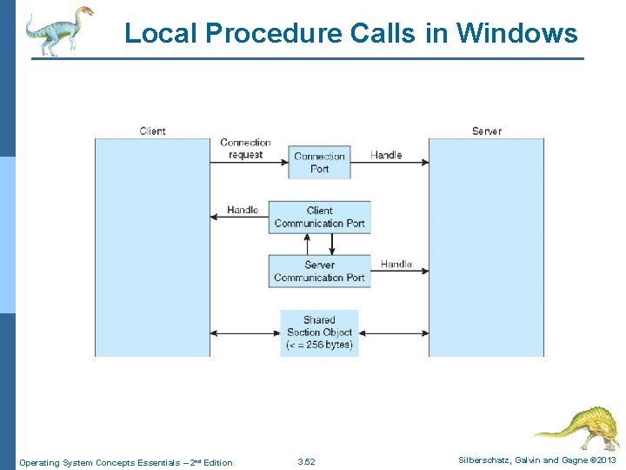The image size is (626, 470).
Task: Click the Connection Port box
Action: pyautogui.click(x=319, y=162)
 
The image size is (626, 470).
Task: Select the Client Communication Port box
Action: pyautogui.click(x=319, y=217)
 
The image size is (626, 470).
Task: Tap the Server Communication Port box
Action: pyautogui.click(x=319, y=271)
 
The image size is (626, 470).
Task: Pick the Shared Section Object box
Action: pyautogui.click(x=319, y=332)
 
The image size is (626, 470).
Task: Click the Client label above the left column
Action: pyautogui.click(x=152, y=131)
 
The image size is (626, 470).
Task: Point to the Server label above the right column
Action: pyautogui.click(x=486, y=131)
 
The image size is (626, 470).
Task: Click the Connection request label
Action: pyautogui.click(x=245, y=148)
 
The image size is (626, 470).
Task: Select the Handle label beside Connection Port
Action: pyautogui.click(x=386, y=155)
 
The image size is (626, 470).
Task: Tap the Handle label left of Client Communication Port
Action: pyautogui.click(x=243, y=210)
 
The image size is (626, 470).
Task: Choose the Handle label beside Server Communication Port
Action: pyautogui.click(x=396, y=264)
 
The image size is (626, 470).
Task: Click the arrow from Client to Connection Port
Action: pyautogui.click(x=249, y=162)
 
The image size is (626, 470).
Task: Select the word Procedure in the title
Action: pyautogui.click(x=275, y=33)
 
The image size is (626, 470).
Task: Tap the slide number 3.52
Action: pyautogui.click(x=306, y=461)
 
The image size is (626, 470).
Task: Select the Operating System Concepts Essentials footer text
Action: pyautogui.click(x=125, y=462)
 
